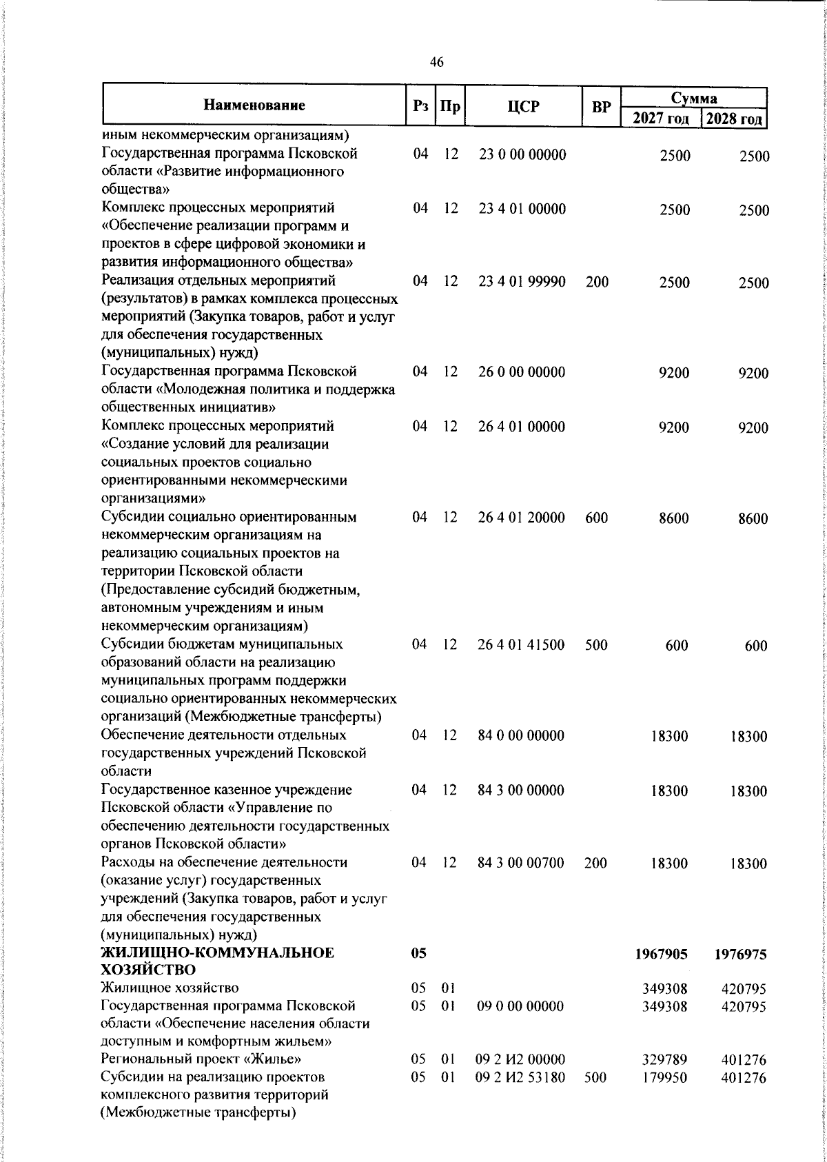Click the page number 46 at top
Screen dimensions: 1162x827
437,63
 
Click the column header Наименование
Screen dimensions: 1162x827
254,105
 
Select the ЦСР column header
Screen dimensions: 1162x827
523,107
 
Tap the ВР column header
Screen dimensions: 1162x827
602,107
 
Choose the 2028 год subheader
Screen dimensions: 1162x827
734,119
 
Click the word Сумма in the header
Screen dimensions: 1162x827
694,98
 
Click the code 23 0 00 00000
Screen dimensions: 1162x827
522,155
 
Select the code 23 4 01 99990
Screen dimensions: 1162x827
522,281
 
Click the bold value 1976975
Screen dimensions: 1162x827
740,954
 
